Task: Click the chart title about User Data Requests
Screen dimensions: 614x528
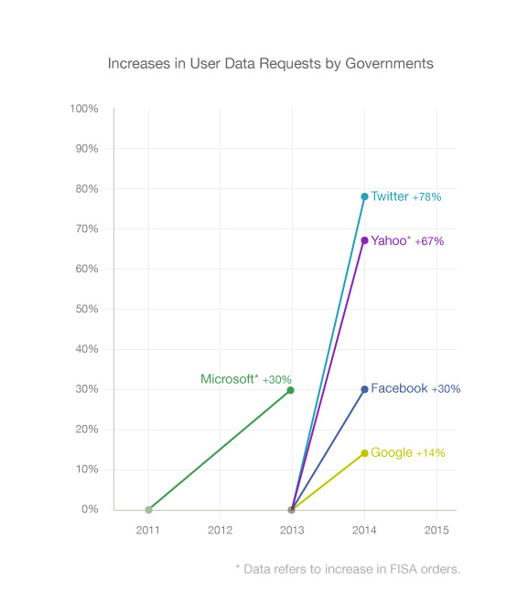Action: (271, 64)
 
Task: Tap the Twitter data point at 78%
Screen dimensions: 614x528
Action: (364, 196)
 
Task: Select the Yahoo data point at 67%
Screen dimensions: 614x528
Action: (364, 240)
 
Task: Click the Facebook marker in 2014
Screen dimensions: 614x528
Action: (364, 389)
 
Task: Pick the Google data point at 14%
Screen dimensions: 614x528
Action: (364, 453)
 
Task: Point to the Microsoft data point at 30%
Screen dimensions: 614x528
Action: (291, 390)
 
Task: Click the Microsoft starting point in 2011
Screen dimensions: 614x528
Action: (148, 510)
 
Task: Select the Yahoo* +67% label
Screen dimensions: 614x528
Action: (407, 241)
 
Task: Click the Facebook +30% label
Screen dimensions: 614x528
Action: (415, 388)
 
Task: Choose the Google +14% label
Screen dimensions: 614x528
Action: (408, 453)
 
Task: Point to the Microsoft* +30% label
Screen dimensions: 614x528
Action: (245, 379)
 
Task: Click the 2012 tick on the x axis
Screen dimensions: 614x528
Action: (220, 529)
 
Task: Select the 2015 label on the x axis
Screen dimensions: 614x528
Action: (436, 529)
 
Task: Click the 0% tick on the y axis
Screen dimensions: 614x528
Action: (90, 510)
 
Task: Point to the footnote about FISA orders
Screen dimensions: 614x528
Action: (348, 569)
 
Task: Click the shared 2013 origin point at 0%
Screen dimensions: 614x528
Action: (291, 510)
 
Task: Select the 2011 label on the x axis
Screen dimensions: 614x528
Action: (148, 529)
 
